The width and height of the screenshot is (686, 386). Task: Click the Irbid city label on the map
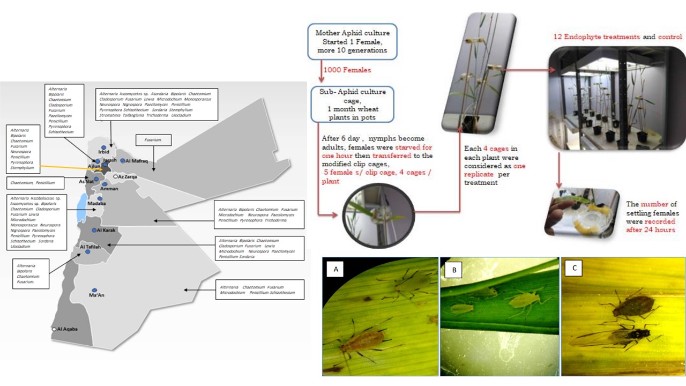(103, 152)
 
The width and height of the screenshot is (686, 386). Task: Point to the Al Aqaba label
(68, 329)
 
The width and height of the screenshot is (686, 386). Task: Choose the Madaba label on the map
(97, 204)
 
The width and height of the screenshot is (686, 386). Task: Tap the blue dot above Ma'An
(94, 289)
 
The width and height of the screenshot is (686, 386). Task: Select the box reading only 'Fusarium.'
(153, 140)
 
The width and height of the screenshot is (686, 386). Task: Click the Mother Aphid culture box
(352, 41)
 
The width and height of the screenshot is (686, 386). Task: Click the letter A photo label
(336, 270)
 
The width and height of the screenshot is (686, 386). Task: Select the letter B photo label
(454, 270)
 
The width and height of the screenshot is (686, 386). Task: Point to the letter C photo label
(575, 268)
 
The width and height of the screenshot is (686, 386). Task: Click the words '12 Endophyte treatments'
(596, 37)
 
